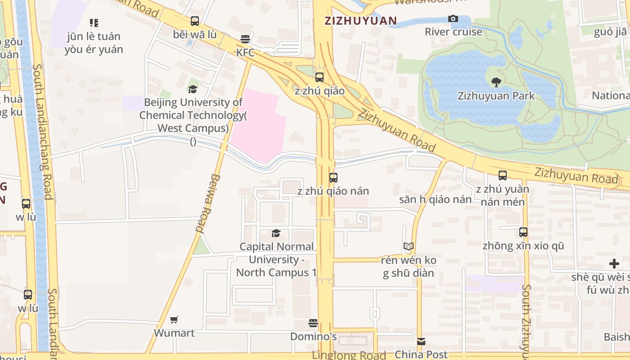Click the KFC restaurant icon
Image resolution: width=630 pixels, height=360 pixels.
click(245, 39)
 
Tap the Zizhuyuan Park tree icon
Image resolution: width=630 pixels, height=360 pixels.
click(496, 82)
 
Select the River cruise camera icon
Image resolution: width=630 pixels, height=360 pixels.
click(453, 18)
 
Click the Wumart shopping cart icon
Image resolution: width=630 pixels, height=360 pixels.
click(174, 320)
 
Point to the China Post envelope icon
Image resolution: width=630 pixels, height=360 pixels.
click(421, 342)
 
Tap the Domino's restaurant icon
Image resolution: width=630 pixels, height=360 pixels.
click(313, 323)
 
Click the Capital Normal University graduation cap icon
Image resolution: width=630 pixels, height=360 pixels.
click(276, 233)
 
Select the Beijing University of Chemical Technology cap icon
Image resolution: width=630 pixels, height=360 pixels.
click(193, 89)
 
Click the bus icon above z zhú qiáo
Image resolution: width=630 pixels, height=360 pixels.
click(319, 77)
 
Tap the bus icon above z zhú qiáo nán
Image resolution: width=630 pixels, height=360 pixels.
click(333, 178)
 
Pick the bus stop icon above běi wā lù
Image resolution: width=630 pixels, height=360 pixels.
click(195, 21)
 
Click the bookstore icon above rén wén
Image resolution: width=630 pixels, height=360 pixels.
click(409, 247)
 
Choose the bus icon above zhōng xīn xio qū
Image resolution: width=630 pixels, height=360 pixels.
click(523, 233)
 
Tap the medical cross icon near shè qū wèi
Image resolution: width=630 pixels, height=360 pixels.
click(614, 264)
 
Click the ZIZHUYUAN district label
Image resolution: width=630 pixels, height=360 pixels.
click(361, 21)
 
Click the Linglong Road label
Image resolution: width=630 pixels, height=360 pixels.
click(348, 355)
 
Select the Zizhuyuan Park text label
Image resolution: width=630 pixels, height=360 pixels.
click(496, 96)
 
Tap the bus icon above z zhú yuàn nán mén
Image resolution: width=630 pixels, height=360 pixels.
click(503, 175)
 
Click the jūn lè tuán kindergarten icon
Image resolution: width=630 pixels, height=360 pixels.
click(94, 22)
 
